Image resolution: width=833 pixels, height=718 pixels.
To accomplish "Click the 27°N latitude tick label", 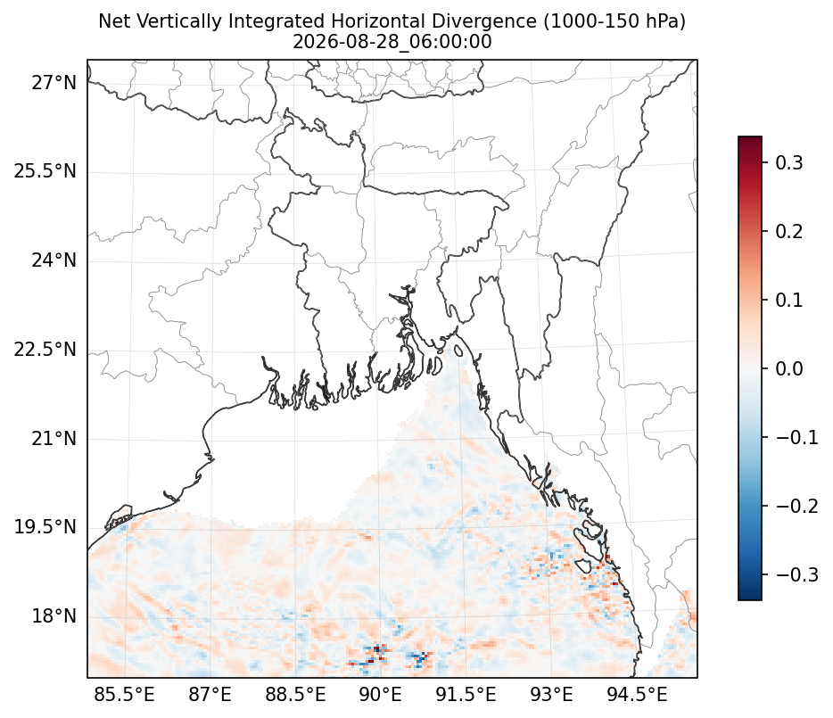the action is [x=54, y=83].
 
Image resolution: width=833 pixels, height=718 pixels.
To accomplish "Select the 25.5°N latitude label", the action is [x=45, y=171].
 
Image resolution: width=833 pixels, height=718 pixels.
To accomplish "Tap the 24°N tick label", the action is [x=54, y=260].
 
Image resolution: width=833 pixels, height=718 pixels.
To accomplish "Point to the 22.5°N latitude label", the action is [x=45, y=350].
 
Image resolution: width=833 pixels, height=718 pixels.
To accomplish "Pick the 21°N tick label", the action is [x=54, y=439].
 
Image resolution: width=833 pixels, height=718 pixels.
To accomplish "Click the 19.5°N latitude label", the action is [x=45, y=527].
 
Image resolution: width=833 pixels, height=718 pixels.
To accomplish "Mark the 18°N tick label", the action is [x=54, y=616].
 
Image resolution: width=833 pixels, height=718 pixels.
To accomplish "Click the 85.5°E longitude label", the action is [x=124, y=695].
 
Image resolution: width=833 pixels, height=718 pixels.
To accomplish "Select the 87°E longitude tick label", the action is [x=210, y=695].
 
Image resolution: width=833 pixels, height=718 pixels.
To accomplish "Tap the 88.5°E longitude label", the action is [x=295, y=695].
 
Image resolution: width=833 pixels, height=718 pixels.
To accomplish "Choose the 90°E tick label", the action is [x=380, y=695].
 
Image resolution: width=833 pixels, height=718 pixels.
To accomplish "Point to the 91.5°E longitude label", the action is [x=466, y=695].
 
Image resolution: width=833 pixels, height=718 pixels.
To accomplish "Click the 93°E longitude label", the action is [x=551, y=695].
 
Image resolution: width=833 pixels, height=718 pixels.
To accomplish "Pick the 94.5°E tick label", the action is [x=637, y=695].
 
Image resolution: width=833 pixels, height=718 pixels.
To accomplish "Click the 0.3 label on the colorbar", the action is [x=789, y=162].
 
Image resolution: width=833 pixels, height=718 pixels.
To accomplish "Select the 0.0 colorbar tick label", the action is [x=789, y=368].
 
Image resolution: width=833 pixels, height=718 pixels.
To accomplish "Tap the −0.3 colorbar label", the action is [x=796, y=574].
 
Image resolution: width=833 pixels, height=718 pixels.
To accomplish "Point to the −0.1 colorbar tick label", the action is [x=796, y=437].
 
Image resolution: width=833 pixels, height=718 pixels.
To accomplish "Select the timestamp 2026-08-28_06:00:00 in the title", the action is [x=392, y=41].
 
